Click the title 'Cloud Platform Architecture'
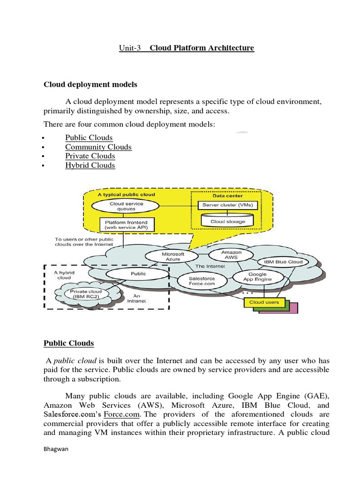202,48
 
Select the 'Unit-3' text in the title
130,48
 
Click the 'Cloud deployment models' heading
90,84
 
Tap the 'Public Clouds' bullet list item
89,137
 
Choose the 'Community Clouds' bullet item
98,147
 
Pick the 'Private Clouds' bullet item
90,156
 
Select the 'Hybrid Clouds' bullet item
90,165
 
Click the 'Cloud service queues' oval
127,206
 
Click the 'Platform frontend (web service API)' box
126,225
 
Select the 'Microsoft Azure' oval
173,256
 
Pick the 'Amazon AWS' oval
232,255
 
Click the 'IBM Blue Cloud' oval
283,262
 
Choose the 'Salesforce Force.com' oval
202,281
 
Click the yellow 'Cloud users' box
264,302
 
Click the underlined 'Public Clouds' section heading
69,343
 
